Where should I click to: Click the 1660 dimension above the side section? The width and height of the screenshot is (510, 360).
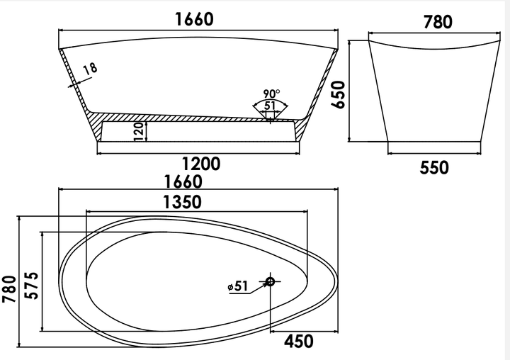tap(195, 19)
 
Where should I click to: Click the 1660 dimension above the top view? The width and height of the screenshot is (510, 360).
tap(183, 181)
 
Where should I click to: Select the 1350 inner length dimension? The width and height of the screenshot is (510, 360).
tap(182, 202)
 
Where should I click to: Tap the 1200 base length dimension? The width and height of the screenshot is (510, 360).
tap(201, 164)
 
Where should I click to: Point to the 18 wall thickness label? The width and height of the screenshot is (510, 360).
tap(90, 69)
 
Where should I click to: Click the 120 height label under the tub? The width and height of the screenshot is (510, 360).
tap(139, 132)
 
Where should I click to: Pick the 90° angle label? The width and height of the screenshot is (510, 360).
tap(271, 94)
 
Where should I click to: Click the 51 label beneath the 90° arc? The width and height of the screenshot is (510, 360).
tap(270, 106)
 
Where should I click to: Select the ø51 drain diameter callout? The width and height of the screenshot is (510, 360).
tap(238, 286)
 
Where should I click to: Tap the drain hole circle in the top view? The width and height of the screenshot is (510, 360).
tap(270, 281)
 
